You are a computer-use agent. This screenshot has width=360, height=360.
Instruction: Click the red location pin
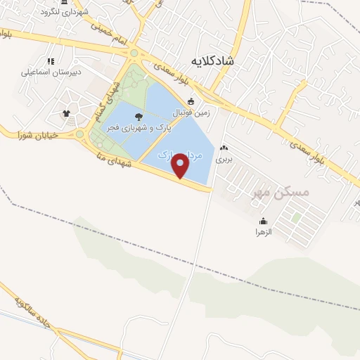pos(180,165)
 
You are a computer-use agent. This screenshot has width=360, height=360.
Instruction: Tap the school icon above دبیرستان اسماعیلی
pos(50,60)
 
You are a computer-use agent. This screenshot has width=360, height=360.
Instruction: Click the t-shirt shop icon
pos(66,112)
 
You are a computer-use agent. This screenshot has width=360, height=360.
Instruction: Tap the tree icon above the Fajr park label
pos(138,116)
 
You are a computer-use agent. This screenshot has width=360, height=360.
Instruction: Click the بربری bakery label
pos(223,159)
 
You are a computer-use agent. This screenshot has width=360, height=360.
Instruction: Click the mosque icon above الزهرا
pos(263,221)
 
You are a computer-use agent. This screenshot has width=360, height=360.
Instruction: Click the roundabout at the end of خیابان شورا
pos(80,134)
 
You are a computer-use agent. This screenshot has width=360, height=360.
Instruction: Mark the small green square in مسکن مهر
pos(297,217)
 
